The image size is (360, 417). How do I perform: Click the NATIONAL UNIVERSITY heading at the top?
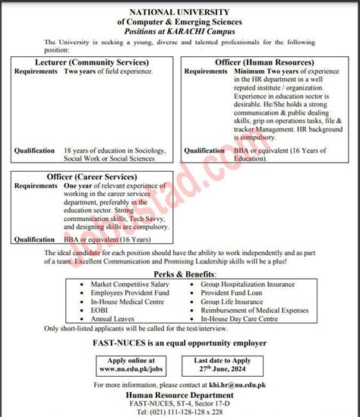click(x=179, y=13)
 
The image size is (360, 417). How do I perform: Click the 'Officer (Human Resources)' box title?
click(x=265, y=62)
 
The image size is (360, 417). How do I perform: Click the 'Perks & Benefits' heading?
click(x=179, y=272)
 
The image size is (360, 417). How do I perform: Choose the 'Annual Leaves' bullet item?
click(x=112, y=319)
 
